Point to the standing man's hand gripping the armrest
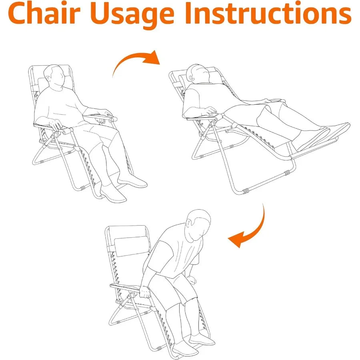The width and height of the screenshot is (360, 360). pyautogui.click(x=145, y=292)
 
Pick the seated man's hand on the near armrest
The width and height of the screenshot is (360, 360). pyautogui.click(x=56, y=125)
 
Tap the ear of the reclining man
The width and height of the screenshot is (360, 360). pyautogui.click(x=190, y=77)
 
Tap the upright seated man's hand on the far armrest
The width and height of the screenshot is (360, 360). pyautogui.click(x=106, y=113)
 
